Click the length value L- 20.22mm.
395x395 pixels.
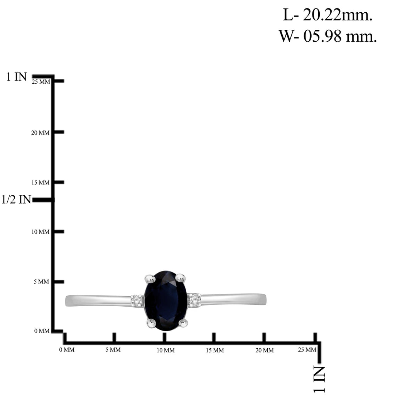click(x=327, y=15)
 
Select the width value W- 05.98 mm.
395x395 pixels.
click(x=327, y=36)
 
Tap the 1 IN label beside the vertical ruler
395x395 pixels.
click(x=16, y=77)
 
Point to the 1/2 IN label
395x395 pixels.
click(x=16, y=199)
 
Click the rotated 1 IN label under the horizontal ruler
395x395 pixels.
click(x=319, y=379)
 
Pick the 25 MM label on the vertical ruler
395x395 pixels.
click(x=41, y=82)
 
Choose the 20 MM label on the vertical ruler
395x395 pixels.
click(x=40, y=133)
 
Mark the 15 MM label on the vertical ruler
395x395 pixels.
click(x=40, y=182)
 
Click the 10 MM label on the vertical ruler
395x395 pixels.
click(x=40, y=232)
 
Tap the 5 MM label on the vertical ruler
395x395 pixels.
click(x=41, y=282)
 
